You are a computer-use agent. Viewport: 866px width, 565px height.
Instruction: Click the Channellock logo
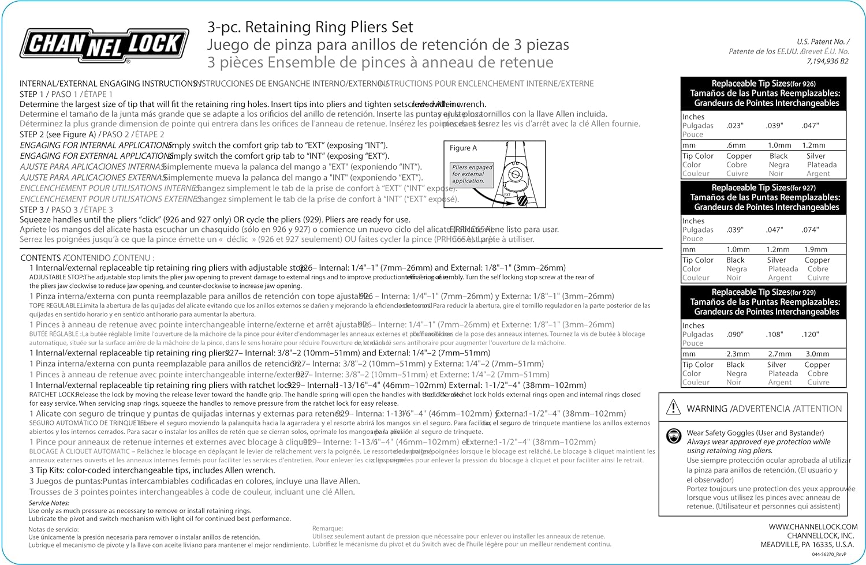(104, 44)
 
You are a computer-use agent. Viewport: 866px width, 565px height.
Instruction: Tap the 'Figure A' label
(464, 148)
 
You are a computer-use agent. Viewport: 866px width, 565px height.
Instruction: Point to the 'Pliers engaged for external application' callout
(472, 174)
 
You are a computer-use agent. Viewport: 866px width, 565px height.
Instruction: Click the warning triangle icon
(673, 408)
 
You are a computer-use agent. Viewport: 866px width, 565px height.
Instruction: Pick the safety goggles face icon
(673, 436)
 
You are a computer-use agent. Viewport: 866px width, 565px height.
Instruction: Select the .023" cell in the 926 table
(735, 126)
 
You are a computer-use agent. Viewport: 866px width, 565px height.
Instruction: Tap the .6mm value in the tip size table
(736, 145)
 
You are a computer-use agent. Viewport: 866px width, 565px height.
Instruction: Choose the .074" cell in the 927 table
(810, 230)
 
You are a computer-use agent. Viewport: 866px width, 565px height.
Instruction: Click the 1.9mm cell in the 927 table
(816, 249)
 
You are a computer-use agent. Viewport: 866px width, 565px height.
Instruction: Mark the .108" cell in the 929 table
(775, 334)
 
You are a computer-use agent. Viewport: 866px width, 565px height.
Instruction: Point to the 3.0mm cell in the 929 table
(818, 354)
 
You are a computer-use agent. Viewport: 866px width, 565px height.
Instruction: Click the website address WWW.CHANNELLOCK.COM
(813, 526)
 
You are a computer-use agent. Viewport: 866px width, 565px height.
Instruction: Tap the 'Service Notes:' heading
(48, 503)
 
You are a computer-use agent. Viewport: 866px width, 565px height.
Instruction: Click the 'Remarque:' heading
(327, 528)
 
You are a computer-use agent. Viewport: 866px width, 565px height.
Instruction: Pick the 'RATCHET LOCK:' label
(52, 395)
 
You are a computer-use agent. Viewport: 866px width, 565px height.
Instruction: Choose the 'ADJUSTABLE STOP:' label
(56, 277)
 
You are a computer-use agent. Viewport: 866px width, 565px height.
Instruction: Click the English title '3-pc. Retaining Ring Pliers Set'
(310, 27)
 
